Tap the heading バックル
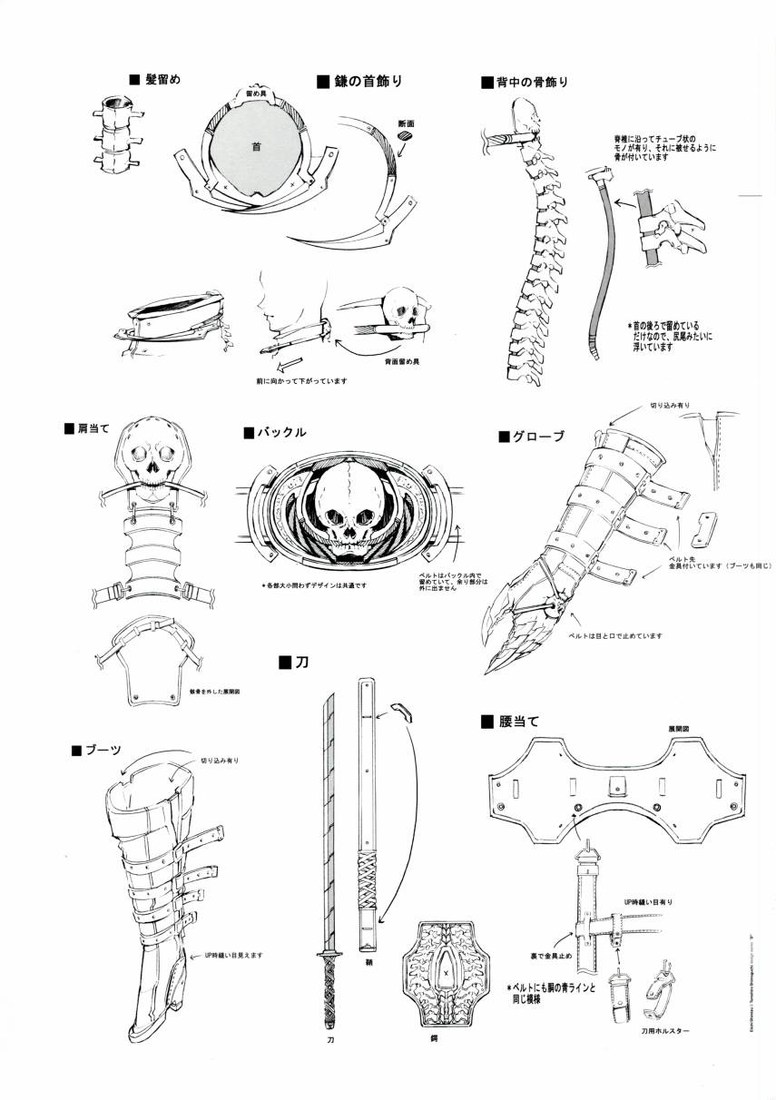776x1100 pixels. click(x=280, y=432)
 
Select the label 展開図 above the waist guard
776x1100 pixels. click(x=680, y=729)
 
